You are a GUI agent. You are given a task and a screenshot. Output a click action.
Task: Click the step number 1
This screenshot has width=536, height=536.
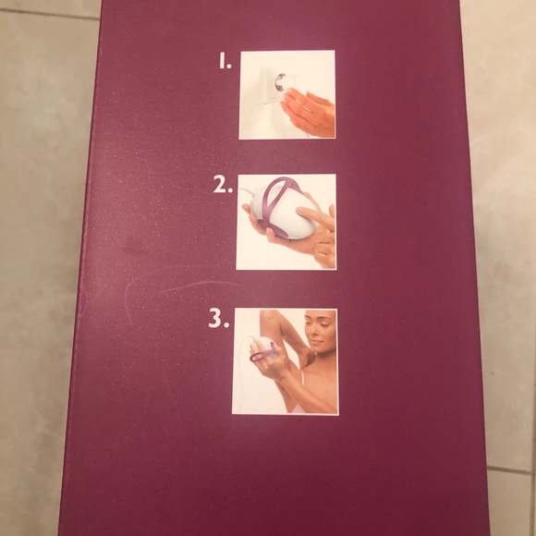(224, 63)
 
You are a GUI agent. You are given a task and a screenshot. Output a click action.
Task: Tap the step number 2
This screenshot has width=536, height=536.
(222, 185)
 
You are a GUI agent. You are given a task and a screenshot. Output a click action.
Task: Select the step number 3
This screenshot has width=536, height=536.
(218, 322)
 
